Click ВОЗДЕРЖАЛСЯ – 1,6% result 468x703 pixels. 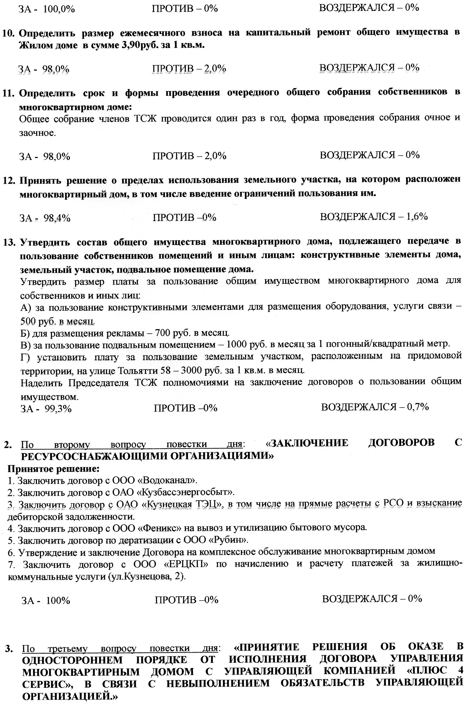coord(373,216)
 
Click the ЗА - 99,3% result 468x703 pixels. coord(46,408)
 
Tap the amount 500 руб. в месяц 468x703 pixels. coord(57,321)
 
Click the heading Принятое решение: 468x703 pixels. coord(53,469)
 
